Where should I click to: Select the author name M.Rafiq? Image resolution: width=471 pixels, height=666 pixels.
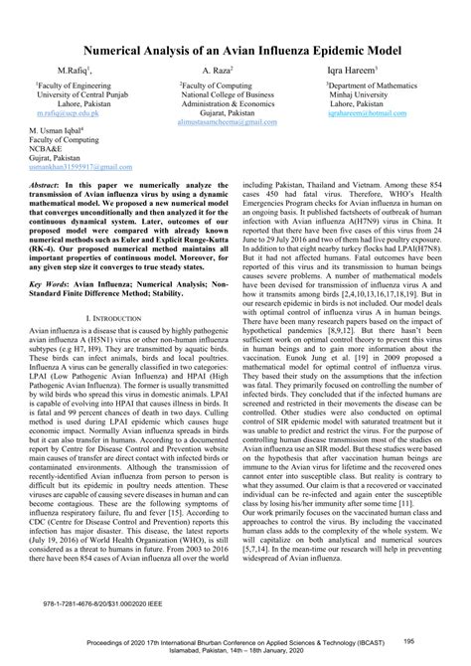coord(73,72)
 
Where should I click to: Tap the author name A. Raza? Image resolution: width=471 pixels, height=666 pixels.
coord(216,72)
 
